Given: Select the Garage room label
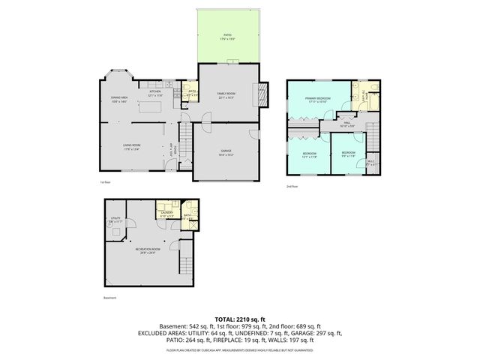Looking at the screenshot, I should point(226,153).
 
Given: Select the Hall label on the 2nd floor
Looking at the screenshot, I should point(347,124).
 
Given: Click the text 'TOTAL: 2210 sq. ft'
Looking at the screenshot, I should point(240,318).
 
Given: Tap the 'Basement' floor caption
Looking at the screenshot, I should point(110,298).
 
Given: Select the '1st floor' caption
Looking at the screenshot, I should point(105,182).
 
